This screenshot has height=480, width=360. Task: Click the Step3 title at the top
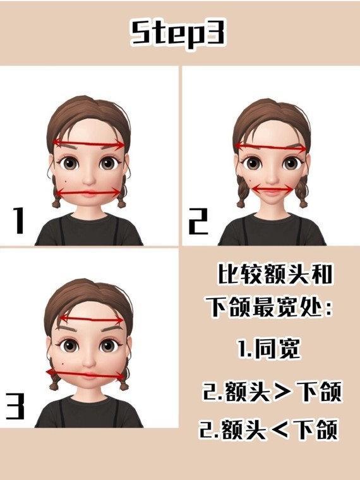(x=179, y=33)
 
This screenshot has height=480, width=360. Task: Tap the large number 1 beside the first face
(x=18, y=220)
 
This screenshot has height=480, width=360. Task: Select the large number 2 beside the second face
(x=198, y=221)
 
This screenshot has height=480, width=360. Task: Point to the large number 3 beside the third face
(x=15, y=406)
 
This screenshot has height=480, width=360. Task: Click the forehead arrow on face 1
(x=89, y=144)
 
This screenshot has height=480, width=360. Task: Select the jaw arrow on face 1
(x=88, y=193)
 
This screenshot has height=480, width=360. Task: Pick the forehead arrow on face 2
(x=270, y=147)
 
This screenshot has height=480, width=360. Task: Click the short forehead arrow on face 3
(x=91, y=320)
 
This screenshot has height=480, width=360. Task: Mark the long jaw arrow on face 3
(x=87, y=374)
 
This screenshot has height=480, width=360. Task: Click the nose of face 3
(x=89, y=362)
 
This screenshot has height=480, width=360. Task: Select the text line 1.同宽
(x=268, y=349)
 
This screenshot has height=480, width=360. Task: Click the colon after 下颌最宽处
(x=328, y=308)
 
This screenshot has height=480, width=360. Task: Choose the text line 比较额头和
(x=275, y=273)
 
